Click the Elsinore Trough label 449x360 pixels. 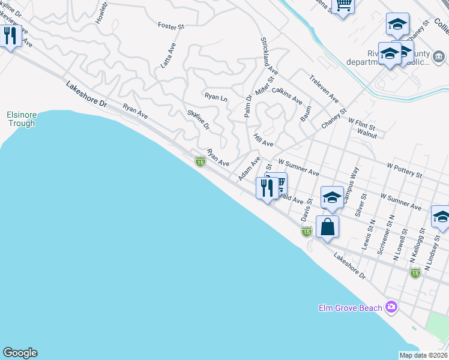[x=21, y=119]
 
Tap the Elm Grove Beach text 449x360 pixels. [x=350, y=308]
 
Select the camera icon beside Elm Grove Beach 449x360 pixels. [x=392, y=307]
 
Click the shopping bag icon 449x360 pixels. [x=327, y=227]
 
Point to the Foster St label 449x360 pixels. [x=170, y=26]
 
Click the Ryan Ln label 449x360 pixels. [x=216, y=96]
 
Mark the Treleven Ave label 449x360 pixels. [x=324, y=89]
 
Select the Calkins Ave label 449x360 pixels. [x=287, y=96]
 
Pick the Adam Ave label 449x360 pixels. [x=249, y=169]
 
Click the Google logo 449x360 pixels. [x=20, y=353]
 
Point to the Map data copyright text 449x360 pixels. [x=424, y=355]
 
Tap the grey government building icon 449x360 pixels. [x=439, y=57]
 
